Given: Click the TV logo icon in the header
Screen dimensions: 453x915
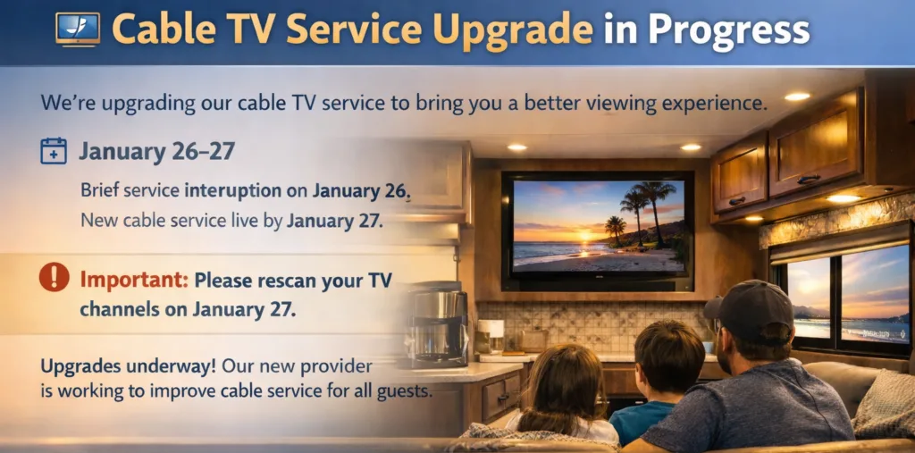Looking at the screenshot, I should coord(77,29).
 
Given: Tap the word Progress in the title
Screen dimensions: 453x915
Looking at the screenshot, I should coord(729,31).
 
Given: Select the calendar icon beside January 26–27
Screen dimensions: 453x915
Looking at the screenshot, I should coord(54,150).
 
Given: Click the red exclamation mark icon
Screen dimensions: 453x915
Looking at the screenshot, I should coord(54,278).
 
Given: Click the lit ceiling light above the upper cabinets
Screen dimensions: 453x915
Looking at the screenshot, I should coord(796,96).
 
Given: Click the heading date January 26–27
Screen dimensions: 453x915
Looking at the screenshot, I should coord(156,150).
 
